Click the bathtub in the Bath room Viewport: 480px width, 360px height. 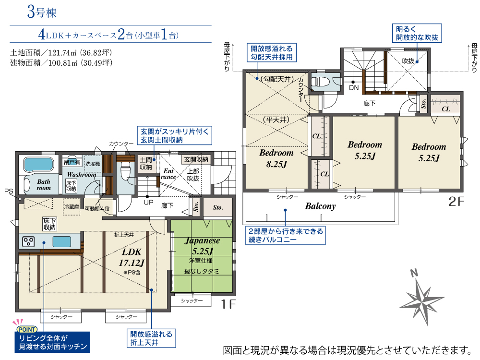point(38,164)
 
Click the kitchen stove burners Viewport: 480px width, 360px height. point(28,241)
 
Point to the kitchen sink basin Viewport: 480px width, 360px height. point(62,241)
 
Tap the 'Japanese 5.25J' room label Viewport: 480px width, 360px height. point(203,246)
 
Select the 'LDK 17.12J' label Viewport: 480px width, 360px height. point(132,257)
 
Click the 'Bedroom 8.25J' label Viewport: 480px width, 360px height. point(276,158)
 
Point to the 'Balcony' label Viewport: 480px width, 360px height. point(320,206)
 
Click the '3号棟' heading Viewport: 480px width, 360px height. point(42,12)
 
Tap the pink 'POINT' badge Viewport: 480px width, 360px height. point(27,329)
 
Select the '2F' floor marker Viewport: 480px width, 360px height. point(456,202)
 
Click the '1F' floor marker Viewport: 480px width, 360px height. point(228,304)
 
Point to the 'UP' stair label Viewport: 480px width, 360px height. point(148,203)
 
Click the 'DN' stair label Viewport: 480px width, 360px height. point(354,88)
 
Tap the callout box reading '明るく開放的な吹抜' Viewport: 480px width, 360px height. point(417,33)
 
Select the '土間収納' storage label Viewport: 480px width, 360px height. point(146,164)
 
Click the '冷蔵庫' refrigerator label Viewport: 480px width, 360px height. point(72,206)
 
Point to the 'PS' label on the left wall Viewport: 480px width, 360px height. point(9,192)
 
